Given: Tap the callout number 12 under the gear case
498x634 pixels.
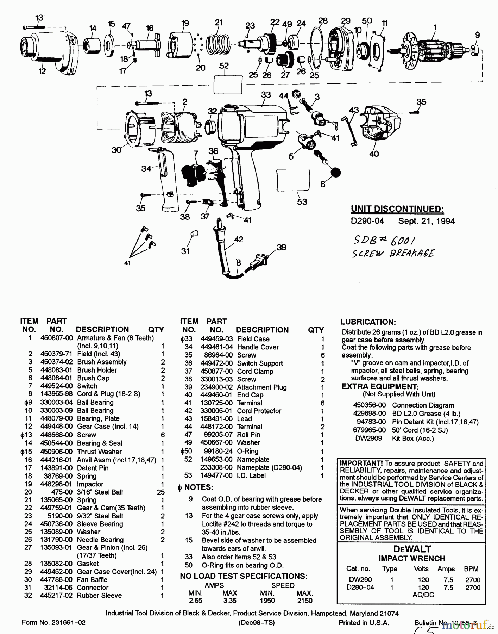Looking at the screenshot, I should point(42,71).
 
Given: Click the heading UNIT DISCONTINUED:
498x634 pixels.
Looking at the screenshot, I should point(397,209).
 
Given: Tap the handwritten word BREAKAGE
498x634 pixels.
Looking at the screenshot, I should point(412,254).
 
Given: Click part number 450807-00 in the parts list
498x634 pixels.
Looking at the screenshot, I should point(56,338).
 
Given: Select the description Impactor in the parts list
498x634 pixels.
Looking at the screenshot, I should point(90,484).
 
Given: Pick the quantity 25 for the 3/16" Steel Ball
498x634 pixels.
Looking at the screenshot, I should point(161,492).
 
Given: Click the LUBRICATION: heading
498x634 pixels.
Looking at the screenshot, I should point(368,322).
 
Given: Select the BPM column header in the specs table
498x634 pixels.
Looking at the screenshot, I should point(471,568).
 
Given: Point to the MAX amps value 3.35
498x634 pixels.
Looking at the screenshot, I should point(229,601).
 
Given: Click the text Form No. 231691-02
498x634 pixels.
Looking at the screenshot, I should point(53,622).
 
